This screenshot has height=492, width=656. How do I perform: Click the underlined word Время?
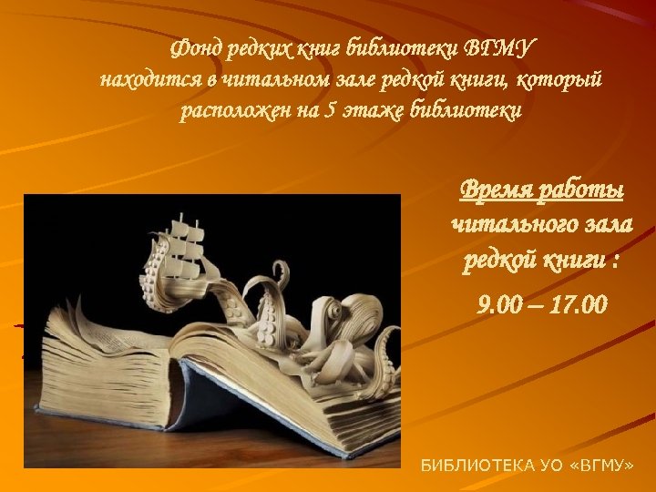499,190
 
